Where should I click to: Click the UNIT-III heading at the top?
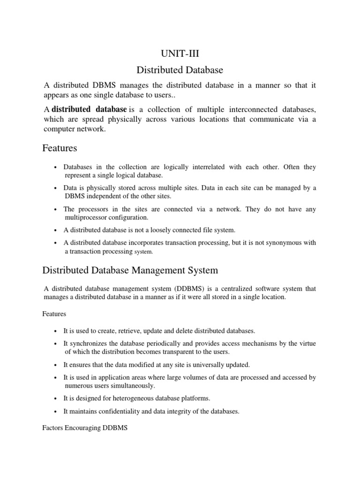[180, 54]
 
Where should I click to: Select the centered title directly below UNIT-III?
[180, 70]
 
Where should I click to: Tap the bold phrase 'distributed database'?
[89, 109]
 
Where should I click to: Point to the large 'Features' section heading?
[60, 148]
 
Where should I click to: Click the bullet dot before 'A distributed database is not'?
[56, 231]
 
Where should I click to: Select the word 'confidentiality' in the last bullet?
[123, 412]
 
